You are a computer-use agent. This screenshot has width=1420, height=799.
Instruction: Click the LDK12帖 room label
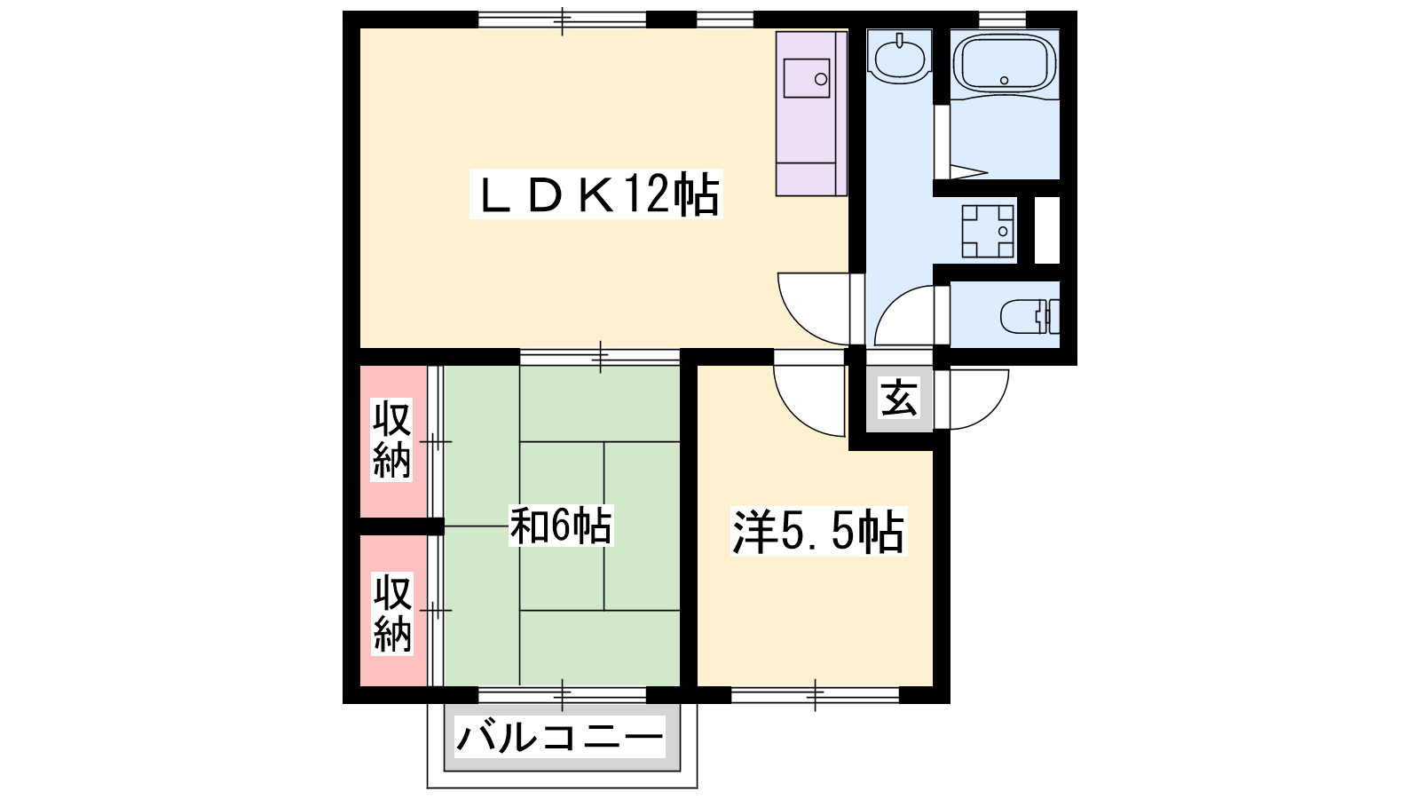click(x=596, y=194)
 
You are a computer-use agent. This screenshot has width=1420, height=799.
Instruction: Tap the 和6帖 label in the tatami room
click(x=562, y=526)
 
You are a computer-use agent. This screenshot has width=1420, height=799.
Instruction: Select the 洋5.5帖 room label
click(x=818, y=532)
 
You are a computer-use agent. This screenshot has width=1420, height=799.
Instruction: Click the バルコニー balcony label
click(x=560, y=738)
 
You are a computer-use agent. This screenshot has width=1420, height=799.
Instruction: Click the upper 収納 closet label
click(x=391, y=439)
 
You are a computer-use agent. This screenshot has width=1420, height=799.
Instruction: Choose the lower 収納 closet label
click(x=391, y=613)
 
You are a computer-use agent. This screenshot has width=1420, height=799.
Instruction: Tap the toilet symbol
click(x=1029, y=315)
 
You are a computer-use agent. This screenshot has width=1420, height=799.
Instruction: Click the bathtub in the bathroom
click(x=1004, y=63)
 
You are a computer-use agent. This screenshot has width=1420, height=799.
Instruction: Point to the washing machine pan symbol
click(x=987, y=232)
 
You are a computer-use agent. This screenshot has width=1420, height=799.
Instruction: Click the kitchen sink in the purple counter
click(x=807, y=78)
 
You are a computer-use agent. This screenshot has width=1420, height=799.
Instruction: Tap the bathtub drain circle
click(x=1004, y=81)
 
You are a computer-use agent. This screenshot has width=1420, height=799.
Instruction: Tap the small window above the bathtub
click(x=1002, y=20)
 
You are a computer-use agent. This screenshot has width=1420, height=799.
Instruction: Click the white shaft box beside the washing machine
click(x=1047, y=230)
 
